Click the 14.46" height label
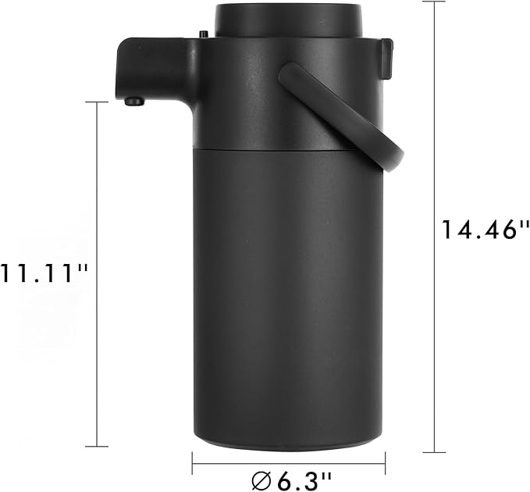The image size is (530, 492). [x=480, y=230]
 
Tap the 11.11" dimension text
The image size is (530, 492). [x=45, y=273]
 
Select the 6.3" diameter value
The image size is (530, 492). [x=298, y=478]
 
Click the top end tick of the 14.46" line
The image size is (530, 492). [x=433, y=2]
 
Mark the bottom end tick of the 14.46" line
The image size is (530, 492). [x=433, y=452]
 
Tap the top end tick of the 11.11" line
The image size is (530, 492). [x=97, y=102]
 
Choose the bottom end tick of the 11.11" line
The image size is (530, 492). [x=97, y=446]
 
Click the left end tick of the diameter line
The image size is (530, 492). [x=193, y=463]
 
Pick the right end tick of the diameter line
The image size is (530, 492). [x=385, y=463]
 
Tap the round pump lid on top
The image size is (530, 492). [x=288, y=20]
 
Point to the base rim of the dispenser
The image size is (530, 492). [x=288, y=445]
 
